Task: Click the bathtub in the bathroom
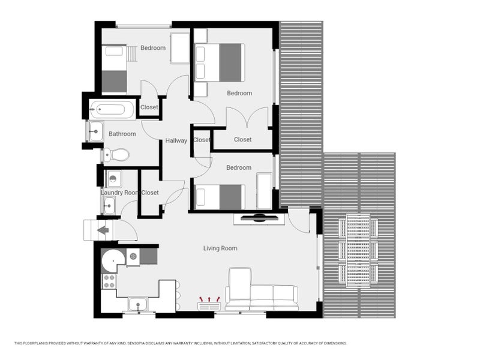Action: [112, 110]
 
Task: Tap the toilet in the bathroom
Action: [116, 155]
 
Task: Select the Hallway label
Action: [176, 140]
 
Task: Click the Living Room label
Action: [220, 248]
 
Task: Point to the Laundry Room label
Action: [120, 193]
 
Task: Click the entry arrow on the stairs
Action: [103, 230]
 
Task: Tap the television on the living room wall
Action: [259, 218]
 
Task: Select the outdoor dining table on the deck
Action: [358, 251]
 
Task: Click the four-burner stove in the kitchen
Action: [109, 281]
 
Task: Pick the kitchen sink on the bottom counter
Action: [139, 304]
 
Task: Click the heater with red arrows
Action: [209, 304]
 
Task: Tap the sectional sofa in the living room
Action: [262, 289]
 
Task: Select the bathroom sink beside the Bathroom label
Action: [96, 131]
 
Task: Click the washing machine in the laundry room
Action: [114, 179]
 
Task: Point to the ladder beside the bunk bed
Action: [131, 54]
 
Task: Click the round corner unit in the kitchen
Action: [113, 261]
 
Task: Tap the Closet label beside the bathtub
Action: [149, 107]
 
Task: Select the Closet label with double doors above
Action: [243, 139]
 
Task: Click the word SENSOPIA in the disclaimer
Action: [139, 343]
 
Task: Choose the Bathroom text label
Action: [122, 134]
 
